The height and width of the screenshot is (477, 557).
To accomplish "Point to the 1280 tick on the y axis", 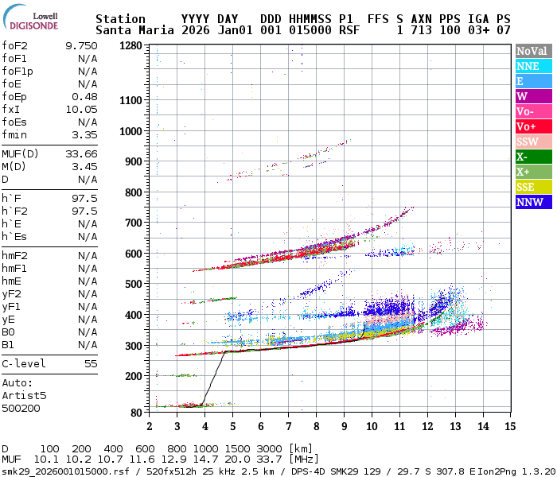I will click(x=131, y=45).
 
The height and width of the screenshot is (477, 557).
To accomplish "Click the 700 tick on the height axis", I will click(x=134, y=223).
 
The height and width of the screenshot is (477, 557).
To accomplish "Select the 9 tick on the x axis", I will click(x=344, y=426).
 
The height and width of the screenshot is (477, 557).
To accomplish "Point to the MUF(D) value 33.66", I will click(x=81, y=153).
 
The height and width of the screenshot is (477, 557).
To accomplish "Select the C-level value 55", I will click(x=88, y=363).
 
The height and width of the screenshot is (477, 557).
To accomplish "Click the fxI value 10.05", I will click(x=81, y=109).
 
